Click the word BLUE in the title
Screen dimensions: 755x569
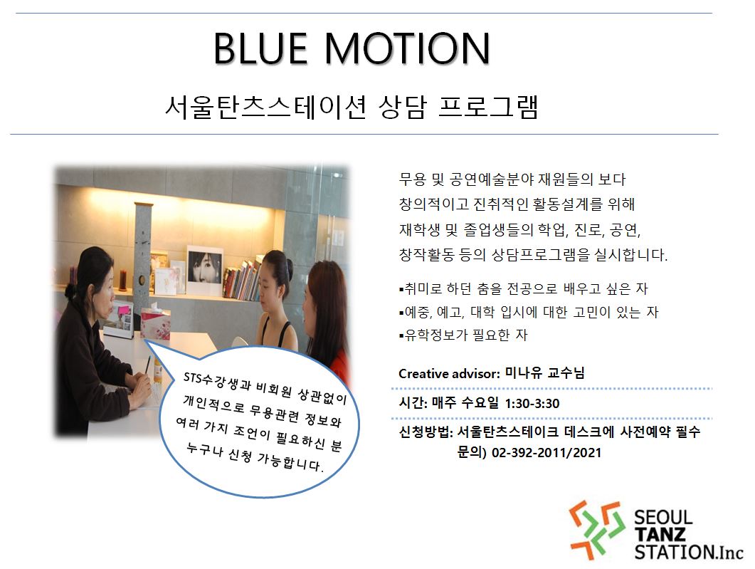pos(260,48)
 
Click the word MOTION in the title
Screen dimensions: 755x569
pos(407,48)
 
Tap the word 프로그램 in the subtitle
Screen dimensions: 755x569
pos(488,107)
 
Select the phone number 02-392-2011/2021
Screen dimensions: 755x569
pos(547,453)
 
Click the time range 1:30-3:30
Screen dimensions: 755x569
pos(532,403)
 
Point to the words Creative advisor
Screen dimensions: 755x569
pos(448,373)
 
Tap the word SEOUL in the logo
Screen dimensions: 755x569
pos(663,518)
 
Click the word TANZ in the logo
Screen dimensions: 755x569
pos(660,534)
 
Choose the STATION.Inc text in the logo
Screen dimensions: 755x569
pos(689,552)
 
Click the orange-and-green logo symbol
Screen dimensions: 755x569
pos(597,530)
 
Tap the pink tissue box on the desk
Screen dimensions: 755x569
pos(155,322)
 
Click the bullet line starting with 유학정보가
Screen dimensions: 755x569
pos(463,335)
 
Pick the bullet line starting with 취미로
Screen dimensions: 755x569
pos(524,288)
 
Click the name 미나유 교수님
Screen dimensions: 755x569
pos(544,373)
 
